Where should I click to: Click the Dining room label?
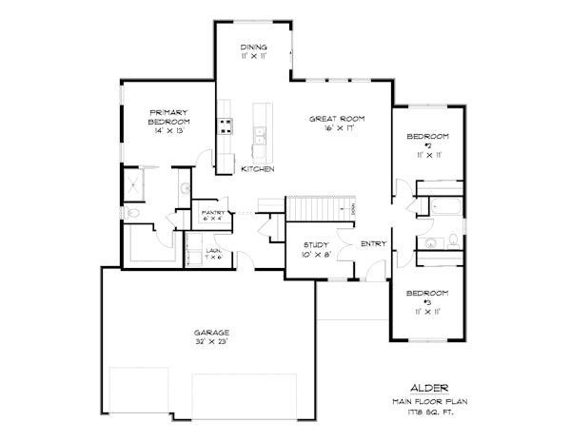(253, 47)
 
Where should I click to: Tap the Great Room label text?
(337, 119)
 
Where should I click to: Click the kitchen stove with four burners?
(226, 126)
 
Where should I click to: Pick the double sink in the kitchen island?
(258, 144)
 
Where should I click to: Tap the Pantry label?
(211, 214)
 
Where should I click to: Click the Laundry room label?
(213, 251)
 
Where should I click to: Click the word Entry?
(372, 244)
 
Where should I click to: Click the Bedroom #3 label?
(425, 297)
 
